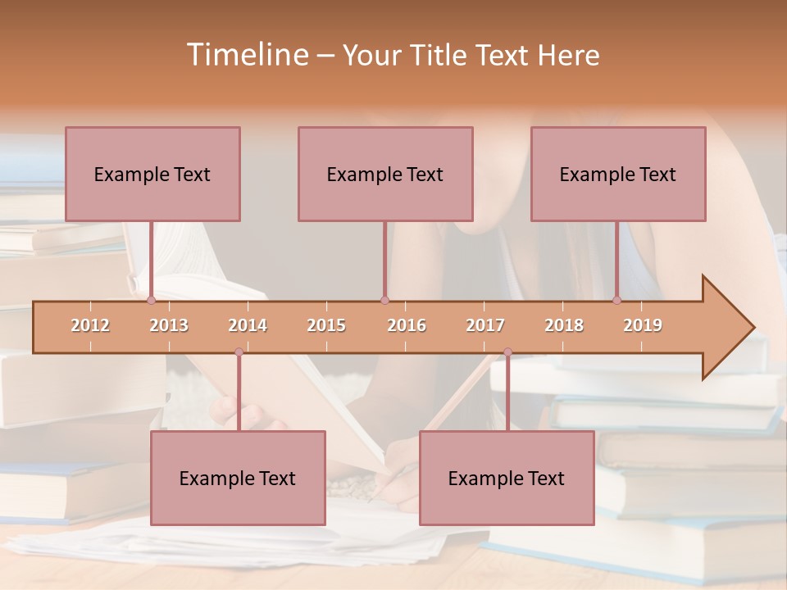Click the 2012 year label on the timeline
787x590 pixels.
click(90, 325)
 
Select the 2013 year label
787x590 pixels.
click(169, 325)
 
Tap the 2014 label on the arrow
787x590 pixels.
click(248, 325)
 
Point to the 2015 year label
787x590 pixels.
click(326, 325)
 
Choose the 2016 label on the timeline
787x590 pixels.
click(407, 325)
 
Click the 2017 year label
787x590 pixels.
click(485, 325)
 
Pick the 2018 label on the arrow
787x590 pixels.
click(564, 325)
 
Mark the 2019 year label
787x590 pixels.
click(643, 325)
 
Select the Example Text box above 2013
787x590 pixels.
click(152, 174)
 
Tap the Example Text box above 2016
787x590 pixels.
click(385, 174)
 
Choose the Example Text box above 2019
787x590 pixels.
click(618, 174)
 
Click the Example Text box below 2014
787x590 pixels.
click(238, 478)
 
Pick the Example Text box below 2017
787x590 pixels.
click(507, 478)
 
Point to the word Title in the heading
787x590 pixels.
click(443, 56)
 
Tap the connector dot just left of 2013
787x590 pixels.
click(151, 301)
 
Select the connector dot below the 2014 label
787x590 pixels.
click(239, 352)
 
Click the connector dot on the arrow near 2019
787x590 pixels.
click(616, 301)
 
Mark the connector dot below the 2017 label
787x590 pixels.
click(507, 352)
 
